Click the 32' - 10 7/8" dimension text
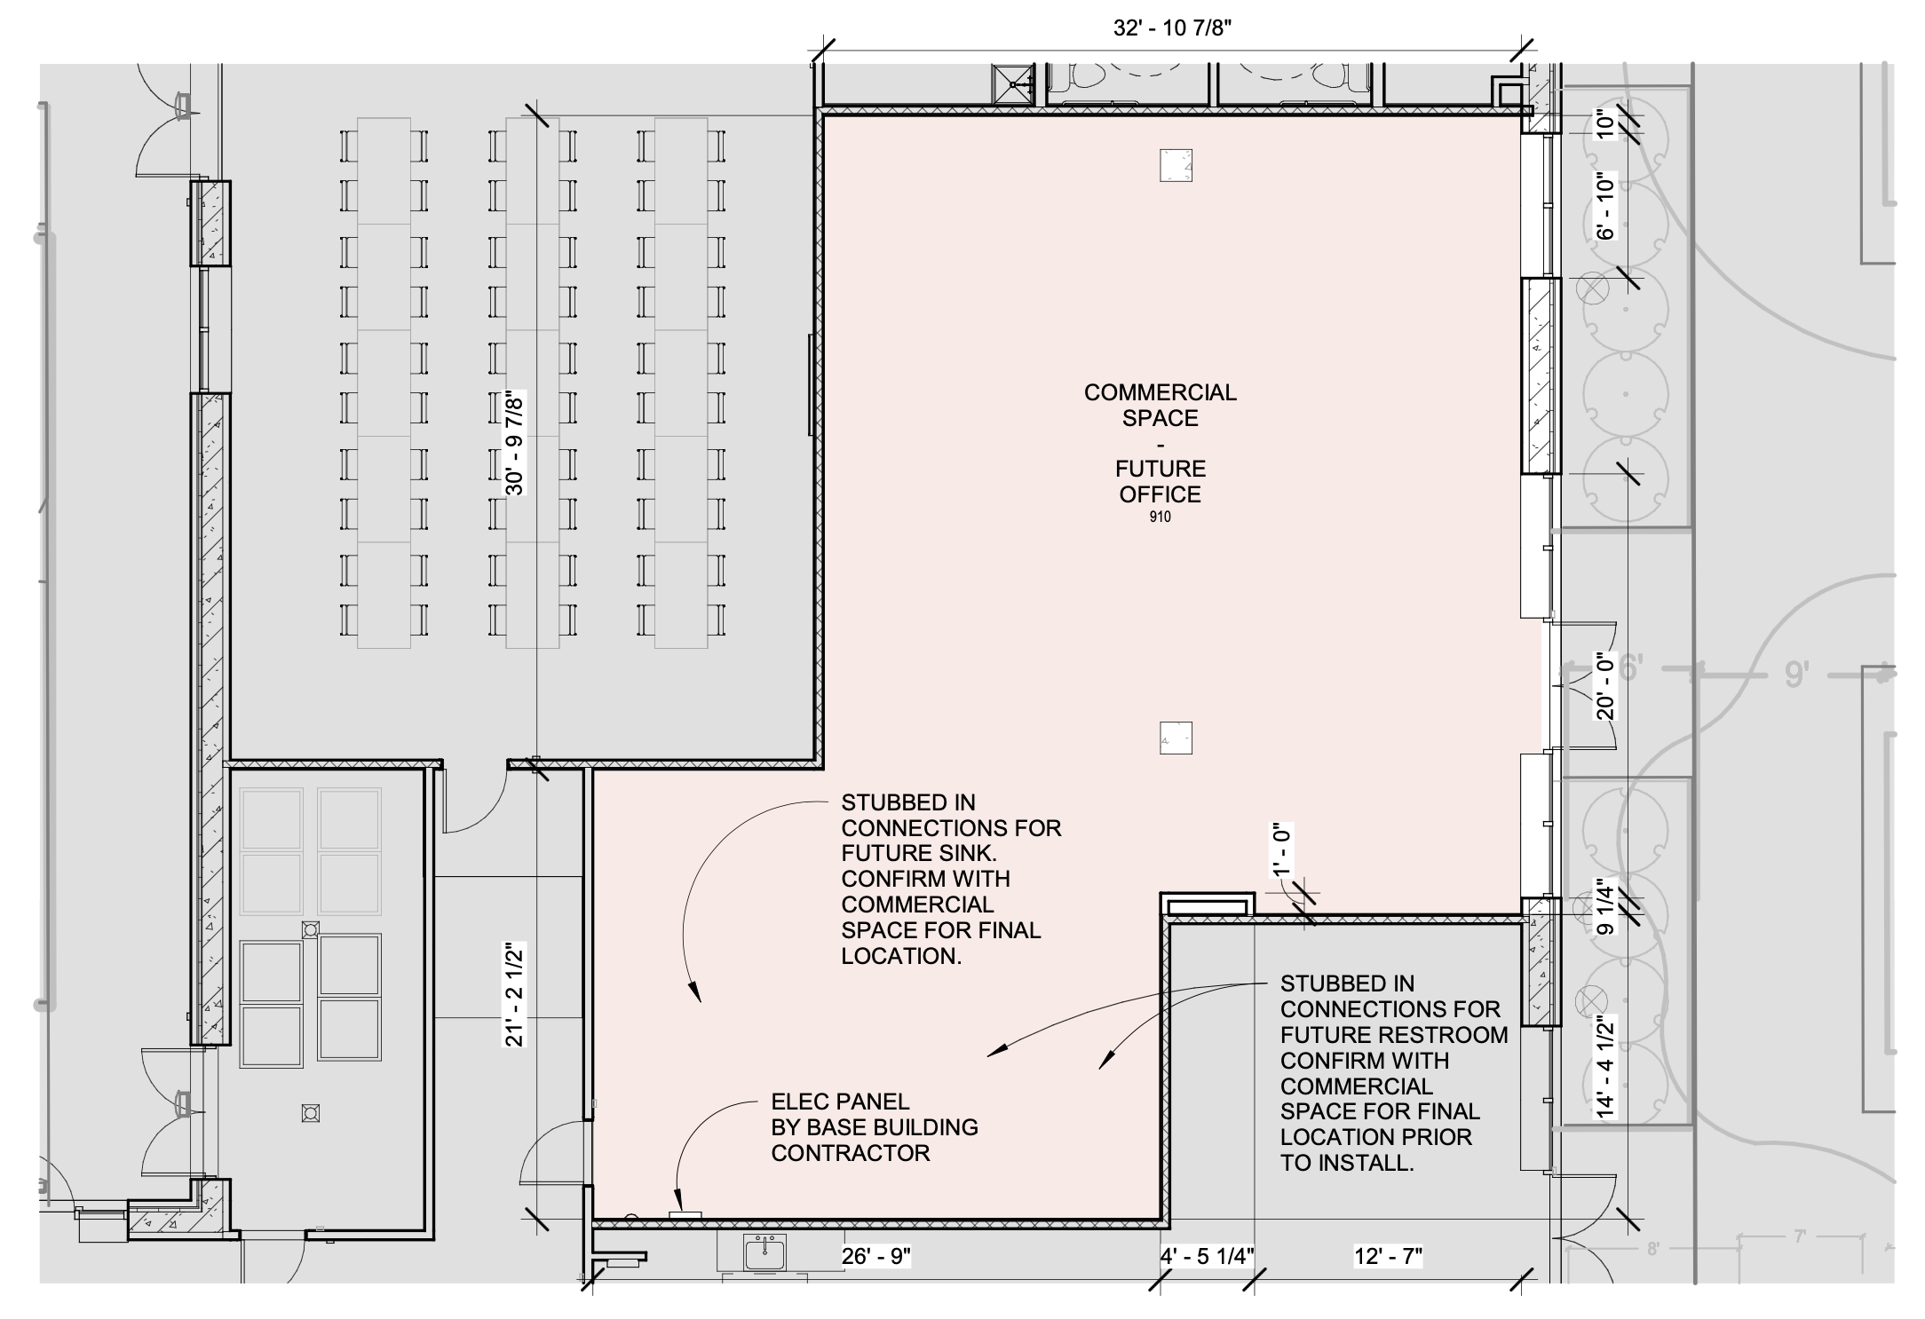(1172, 28)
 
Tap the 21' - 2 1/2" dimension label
(515, 995)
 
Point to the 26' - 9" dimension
(875, 1256)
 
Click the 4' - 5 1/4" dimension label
(1207, 1256)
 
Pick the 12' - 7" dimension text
(1388, 1256)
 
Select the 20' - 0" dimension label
(1604, 686)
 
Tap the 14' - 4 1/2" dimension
(1604, 1066)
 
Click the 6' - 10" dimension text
(1604, 206)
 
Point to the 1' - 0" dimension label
(1282, 850)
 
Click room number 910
(1160, 517)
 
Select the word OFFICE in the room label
(1160, 494)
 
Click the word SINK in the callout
(967, 853)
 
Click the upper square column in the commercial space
(1176, 165)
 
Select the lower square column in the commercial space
(1176, 738)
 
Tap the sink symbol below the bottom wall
(764, 1253)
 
